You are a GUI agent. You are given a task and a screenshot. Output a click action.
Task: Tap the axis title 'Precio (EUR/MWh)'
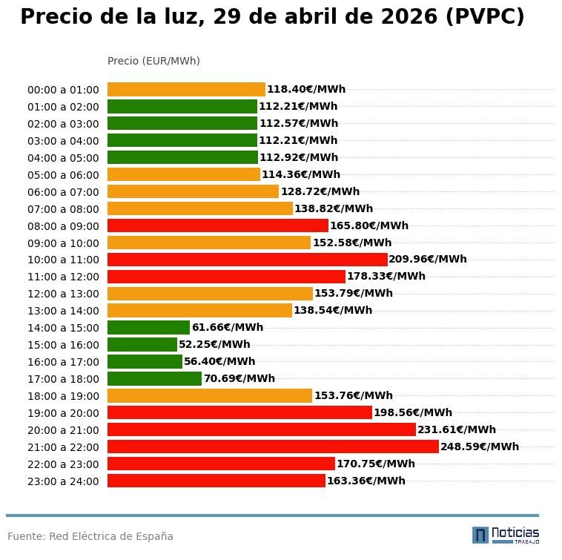click(x=153, y=61)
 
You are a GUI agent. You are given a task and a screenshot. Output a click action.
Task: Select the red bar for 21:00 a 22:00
click(x=273, y=447)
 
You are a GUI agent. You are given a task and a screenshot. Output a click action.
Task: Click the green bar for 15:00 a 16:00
click(x=142, y=344)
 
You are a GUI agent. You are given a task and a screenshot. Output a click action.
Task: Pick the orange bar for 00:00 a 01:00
click(x=186, y=89)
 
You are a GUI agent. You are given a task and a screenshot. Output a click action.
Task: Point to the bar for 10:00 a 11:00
click(x=247, y=260)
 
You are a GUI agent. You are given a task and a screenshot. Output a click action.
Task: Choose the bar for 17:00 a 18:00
click(x=154, y=378)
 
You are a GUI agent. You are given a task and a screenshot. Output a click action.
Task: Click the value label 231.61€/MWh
click(x=457, y=429)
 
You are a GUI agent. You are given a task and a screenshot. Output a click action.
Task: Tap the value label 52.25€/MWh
click(x=214, y=344)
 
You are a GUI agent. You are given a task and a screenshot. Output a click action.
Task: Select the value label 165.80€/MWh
click(x=368, y=225)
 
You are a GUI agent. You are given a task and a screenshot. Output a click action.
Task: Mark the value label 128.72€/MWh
click(x=320, y=191)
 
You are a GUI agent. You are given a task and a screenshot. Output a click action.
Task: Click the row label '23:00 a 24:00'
click(x=63, y=481)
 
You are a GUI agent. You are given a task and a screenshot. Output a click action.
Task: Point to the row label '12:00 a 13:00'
click(x=63, y=294)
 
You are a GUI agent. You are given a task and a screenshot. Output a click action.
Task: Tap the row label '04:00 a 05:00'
click(x=63, y=158)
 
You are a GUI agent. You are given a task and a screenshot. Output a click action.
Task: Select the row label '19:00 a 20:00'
click(x=63, y=413)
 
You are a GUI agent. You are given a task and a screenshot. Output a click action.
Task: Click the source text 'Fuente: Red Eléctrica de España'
click(x=90, y=536)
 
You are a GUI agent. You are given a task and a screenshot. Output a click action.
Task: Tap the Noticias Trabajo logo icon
click(x=480, y=535)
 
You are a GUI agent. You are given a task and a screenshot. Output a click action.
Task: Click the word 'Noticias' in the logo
click(x=515, y=533)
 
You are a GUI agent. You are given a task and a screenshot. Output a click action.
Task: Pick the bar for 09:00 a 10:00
click(x=209, y=243)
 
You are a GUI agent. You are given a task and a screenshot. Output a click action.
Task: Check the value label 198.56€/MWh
click(x=412, y=412)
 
